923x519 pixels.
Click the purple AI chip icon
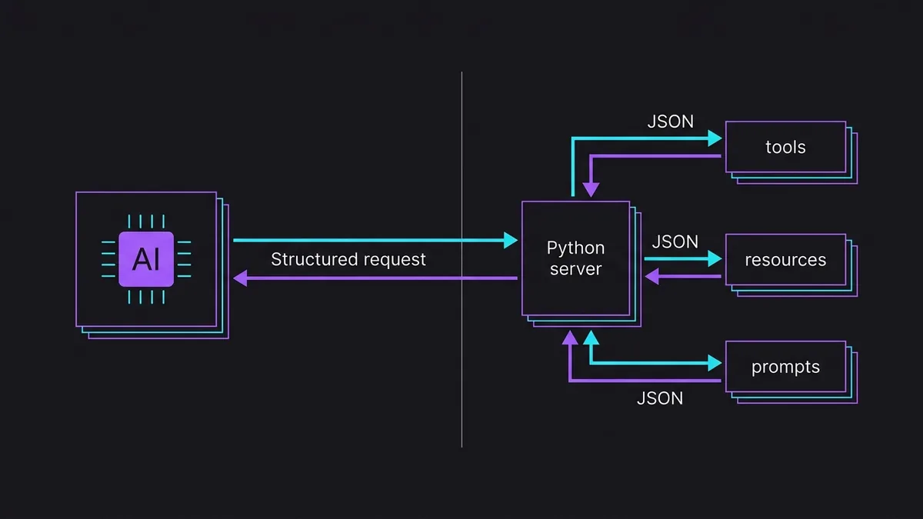(x=146, y=259)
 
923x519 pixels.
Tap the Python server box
(x=575, y=258)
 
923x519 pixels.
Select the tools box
(x=786, y=147)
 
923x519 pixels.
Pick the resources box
(x=786, y=260)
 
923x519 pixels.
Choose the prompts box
(x=786, y=367)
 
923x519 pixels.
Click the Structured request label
(x=348, y=260)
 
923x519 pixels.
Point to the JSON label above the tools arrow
(x=671, y=121)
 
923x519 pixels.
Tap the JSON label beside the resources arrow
(x=675, y=241)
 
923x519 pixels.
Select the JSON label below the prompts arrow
(x=660, y=398)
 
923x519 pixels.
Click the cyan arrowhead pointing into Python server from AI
(x=511, y=240)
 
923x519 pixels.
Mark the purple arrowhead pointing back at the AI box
(x=240, y=278)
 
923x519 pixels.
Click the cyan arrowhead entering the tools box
(x=715, y=138)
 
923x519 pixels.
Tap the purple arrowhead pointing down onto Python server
(x=591, y=190)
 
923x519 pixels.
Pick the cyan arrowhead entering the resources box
(x=715, y=258)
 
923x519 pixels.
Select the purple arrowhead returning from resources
(x=651, y=276)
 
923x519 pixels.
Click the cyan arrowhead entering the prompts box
(x=715, y=363)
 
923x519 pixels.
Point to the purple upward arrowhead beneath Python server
(x=570, y=338)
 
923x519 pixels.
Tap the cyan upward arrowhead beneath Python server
(x=591, y=338)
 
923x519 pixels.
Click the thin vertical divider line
(x=461, y=260)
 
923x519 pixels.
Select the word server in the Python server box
(x=575, y=269)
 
